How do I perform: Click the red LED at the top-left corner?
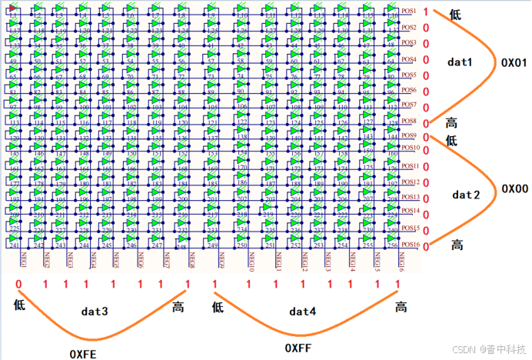(13, 8)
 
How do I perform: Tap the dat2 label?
(466, 195)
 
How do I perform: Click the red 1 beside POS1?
(425, 12)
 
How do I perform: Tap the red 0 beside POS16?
(425, 245)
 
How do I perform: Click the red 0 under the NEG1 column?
(18, 285)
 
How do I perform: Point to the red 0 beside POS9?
(425, 137)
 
